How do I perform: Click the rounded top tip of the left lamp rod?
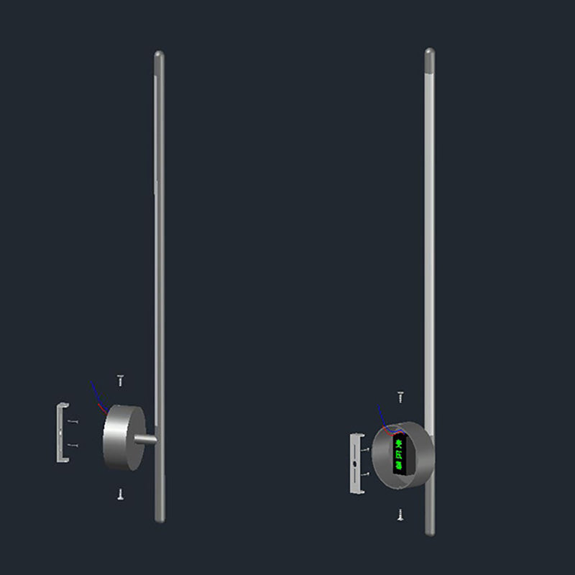point(160,55)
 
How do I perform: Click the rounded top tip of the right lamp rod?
point(430,52)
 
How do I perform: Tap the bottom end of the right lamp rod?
point(430,531)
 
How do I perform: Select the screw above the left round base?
point(121,380)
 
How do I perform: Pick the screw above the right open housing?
point(400,396)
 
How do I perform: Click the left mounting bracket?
point(61,433)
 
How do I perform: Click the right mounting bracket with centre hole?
point(356,463)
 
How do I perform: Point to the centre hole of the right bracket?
point(356,464)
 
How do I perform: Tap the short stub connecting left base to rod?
point(147,438)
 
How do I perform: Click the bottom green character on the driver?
point(397,466)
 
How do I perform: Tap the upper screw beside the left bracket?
point(73,422)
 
